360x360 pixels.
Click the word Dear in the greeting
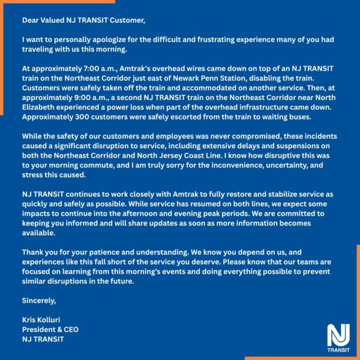pyautogui.click(x=31, y=20)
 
